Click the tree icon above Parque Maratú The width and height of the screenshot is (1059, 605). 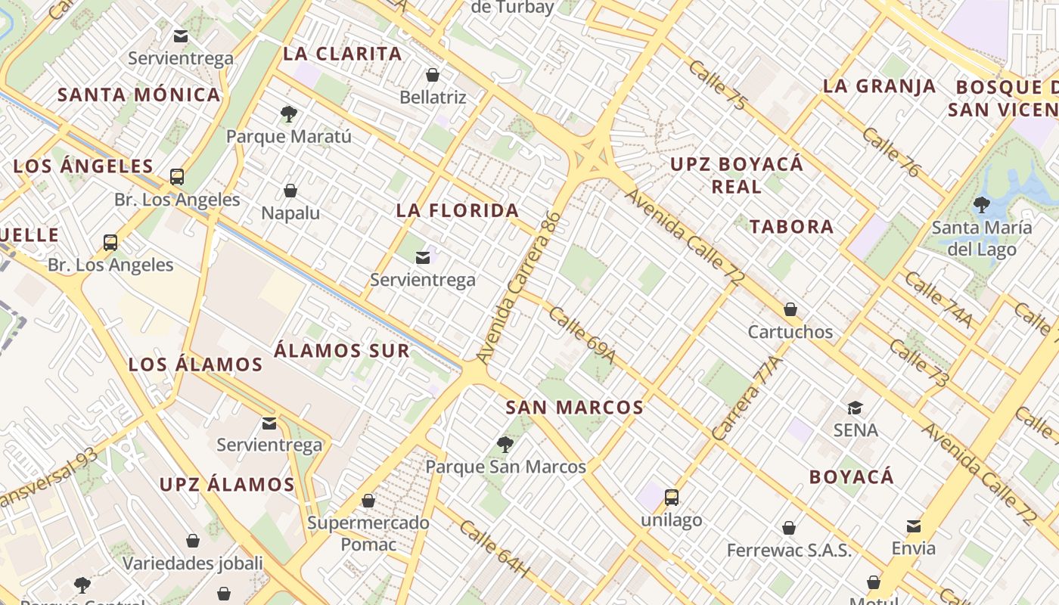[x=288, y=114]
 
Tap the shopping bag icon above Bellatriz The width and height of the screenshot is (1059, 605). [x=433, y=75]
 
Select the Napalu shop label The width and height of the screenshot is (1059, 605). [x=290, y=213]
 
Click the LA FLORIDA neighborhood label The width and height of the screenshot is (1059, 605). [x=458, y=210]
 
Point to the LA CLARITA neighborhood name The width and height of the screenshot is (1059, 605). [x=343, y=54]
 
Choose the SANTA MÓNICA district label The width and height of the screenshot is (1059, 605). [x=139, y=95]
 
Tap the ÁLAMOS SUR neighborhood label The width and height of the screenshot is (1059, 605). [x=342, y=351]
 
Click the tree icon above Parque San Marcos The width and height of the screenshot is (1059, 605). [x=505, y=445]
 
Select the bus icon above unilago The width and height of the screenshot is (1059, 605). [x=672, y=498]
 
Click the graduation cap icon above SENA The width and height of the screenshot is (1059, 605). [x=855, y=408]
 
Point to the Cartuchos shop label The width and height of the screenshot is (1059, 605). [x=790, y=332]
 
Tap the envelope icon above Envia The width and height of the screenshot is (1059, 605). [x=914, y=526]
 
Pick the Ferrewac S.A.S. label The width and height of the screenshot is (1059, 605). [x=789, y=551]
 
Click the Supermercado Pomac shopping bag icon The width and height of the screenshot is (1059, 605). [x=368, y=501]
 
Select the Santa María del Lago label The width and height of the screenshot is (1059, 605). [x=982, y=238]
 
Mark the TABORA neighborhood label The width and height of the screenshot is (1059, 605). [x=791, y=226]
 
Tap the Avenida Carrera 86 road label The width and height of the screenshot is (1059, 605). [x=520, y=287]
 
